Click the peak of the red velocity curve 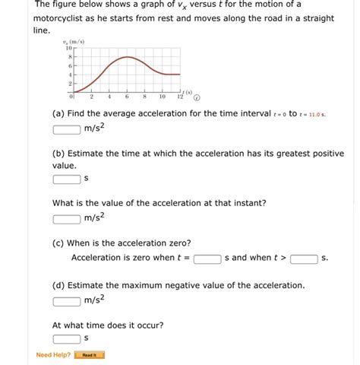click(128, 57)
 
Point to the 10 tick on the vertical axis click(68, 48)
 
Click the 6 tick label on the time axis click(126, 97)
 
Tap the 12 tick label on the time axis click(179, 97)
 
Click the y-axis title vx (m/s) click(75, 42)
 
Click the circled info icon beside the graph click(197, 97)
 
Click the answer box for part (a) click(67, 129)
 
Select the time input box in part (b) click(67, 179)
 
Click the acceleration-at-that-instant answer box click(67, 219)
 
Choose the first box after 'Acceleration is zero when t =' click(207, 259)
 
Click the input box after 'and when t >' click(303, 259)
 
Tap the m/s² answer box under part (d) click(67, 300)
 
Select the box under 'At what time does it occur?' click(67, 338)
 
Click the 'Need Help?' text click(53, 354)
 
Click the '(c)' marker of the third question click(58, 243)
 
